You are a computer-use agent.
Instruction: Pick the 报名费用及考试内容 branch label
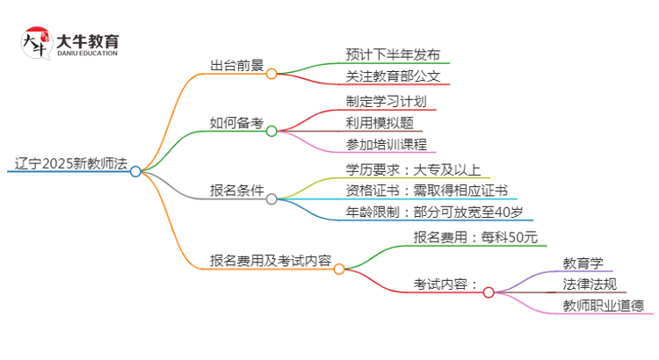pos(270,260)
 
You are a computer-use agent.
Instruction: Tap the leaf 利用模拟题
pos(380,123)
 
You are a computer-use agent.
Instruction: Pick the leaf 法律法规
pos(589,284)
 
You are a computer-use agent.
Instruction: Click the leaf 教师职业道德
pos(603,306)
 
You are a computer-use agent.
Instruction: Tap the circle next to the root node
pos(135,172)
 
